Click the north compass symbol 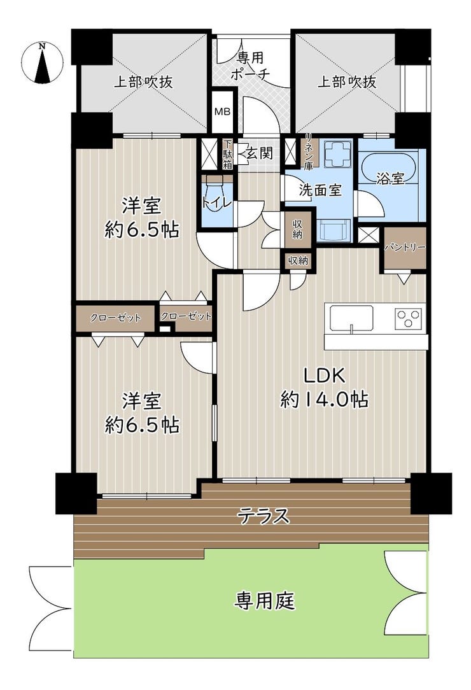[x=42, y=62]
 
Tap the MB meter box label [x=222, y=112]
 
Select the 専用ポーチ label [x=250, y=66]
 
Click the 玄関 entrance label [x=259, y=153]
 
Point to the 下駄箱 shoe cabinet [x=227, y=155]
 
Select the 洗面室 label [x=320, y=190]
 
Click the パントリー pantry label [x=405, y=248]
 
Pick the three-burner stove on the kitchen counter [x=409, y=318]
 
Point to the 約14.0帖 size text [x=325, y=400]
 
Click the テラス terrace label [x=264, y=516]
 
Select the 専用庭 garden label [x=264, y=600]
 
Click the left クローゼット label [x=115, y=318]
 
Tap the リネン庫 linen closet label [x=307, y=153]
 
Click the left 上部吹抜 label [x=143, y=82]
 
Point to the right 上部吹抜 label [x=348, y=82]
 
